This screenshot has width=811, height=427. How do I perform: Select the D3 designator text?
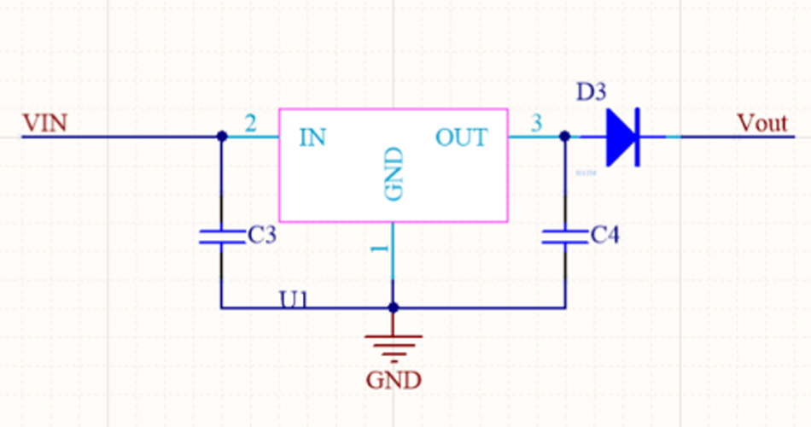592,91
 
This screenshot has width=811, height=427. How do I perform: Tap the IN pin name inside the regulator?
312,137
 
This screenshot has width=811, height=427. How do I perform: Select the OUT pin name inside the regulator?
462,137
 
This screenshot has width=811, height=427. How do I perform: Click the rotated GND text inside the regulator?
393,174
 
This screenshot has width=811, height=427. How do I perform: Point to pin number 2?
250,124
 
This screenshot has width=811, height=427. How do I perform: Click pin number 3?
536,124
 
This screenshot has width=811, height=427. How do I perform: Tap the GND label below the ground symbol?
393,379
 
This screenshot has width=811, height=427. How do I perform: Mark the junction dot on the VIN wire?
222,136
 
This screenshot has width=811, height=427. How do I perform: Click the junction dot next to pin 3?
564,136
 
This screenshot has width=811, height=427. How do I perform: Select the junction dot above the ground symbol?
393,307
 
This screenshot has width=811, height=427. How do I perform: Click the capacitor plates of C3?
222,237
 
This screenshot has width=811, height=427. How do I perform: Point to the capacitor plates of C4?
564,237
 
